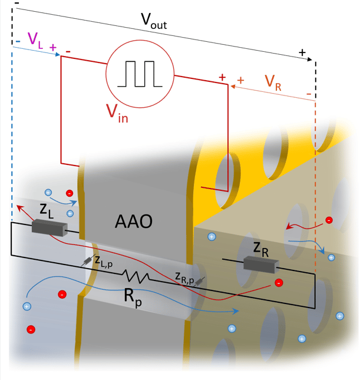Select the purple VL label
tap(35, 42)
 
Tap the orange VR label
tap(272, 82)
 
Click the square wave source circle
tap(139, 74)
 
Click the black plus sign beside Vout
tap(303, 53)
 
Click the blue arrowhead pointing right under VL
tap(58, 55)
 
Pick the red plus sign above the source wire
tap(222, 77)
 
